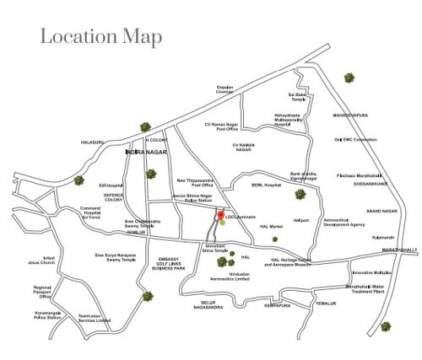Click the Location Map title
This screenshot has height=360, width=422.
coord(100,37)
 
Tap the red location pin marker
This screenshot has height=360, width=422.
coord(221,217)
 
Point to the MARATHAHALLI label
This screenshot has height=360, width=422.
coord(399,250)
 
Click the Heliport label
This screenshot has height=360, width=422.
coord(301,220)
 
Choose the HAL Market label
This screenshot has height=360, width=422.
coord(271,226)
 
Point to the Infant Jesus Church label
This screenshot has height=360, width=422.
coord(41,261)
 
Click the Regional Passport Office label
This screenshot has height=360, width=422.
coord(43,292)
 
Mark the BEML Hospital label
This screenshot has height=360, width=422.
coord(266,185)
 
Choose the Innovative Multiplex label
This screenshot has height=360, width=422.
coord(371,272)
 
